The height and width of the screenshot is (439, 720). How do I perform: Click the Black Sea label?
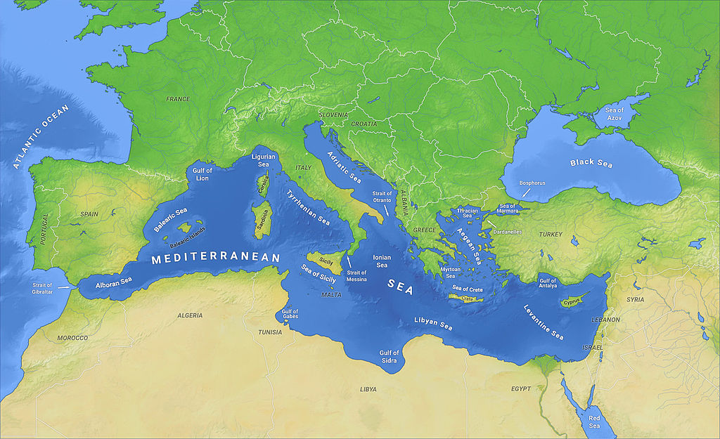click(x=591, y=164)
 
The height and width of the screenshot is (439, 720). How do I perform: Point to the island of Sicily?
click(x=325, y=261)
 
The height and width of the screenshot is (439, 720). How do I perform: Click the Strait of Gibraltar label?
click(x=41, y=289)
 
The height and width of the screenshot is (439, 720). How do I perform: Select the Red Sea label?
click(x=594, y=421)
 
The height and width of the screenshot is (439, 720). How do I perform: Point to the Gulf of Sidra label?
click(x=389, y=356)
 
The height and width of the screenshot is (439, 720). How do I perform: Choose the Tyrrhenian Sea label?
click(x=308, y=207)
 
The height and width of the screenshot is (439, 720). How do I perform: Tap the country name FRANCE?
click(x=178, y=99)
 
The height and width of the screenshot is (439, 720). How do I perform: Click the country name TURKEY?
click(x=551, y=234)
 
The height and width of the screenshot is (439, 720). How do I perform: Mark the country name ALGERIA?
click(x=190, y=315)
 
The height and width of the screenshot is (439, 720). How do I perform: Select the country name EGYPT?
click(x=521, y=388)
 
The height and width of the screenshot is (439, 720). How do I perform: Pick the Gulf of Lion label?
click(x=200, y=174)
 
